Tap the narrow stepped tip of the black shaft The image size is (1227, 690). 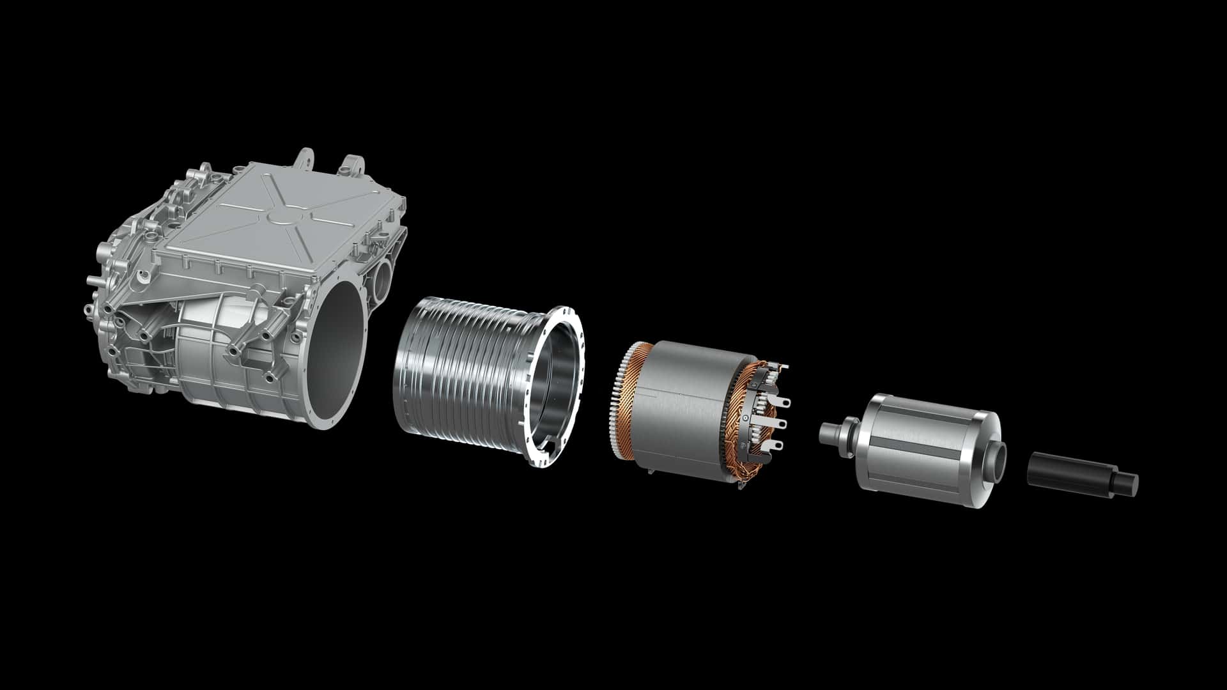click(1128, 483)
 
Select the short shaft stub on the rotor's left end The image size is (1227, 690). click(830, 431)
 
